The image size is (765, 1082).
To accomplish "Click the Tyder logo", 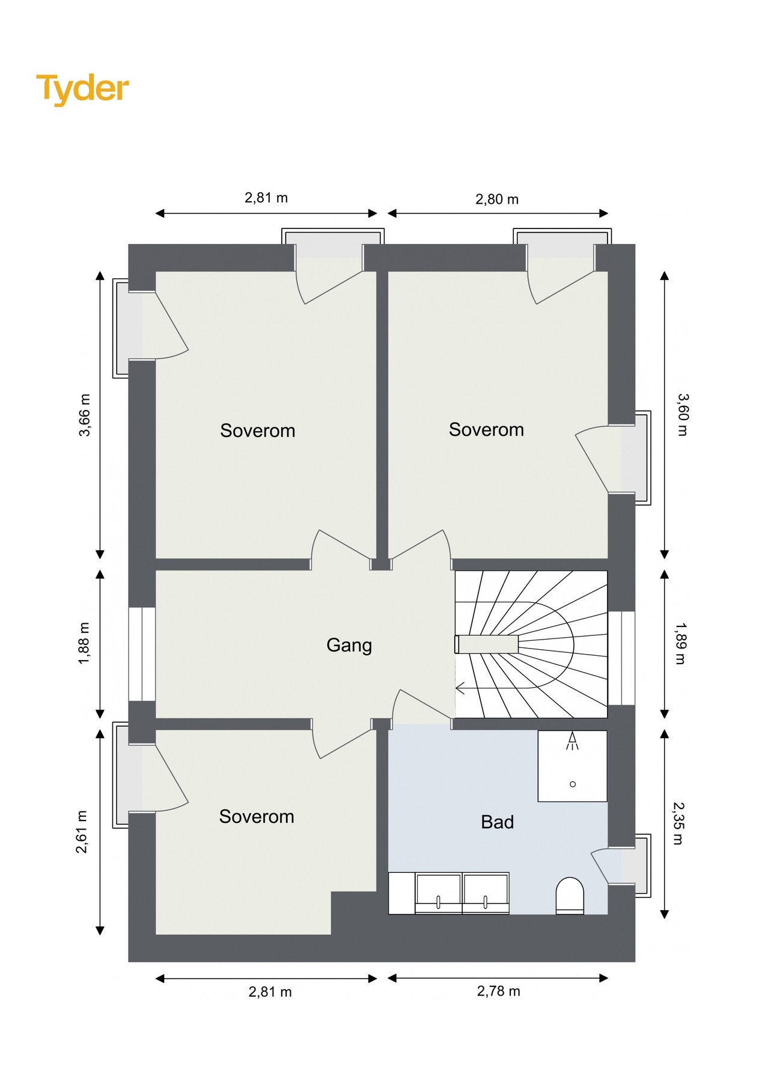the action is click(x=82, y=89).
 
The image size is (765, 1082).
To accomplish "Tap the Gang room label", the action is click(x=349, y=646).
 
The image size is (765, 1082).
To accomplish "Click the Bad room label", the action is click(x=497, y=822).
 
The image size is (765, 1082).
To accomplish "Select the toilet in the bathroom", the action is click(x=570, y=896).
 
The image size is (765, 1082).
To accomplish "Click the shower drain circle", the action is click(x=573, y=784).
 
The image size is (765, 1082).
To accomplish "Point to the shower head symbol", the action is click(x=572, y=741).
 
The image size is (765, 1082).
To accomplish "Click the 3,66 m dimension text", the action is click(x=84, y=415).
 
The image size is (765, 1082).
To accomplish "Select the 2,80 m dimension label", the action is click(x=497, y=199).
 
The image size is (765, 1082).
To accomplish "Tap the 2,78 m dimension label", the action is click(x=498, y=991).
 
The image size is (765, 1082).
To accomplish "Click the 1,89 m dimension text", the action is click(x=680, y=644).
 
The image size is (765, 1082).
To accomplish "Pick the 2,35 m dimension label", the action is click(x=678, y=823).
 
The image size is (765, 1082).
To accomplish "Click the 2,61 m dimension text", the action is click(x=82, y=832).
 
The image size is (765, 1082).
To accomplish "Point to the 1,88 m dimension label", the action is click(x=84, y=643).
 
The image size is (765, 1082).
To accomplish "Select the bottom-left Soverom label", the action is click(x=257, y=816).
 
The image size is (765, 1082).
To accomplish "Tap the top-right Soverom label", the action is click(x=486, y=429).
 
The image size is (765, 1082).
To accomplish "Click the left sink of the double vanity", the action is click(x=439, y=893).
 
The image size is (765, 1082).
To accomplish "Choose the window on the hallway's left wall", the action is click(x=142, y=654).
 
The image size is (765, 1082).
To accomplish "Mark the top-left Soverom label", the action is click(x=257, y=430).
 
